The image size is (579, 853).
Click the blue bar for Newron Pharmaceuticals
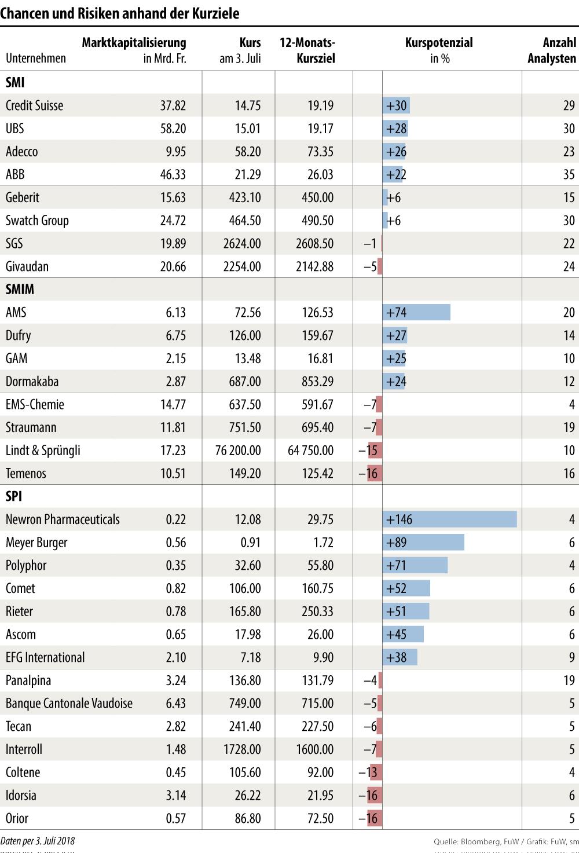click(x=449, y=519)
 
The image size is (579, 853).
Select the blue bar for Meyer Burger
click(x=423, y=543)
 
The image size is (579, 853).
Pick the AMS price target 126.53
click(x=317, y=313)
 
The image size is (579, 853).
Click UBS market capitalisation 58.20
click(x=173, y=129)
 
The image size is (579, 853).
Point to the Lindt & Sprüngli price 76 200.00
click(x=238, y=451)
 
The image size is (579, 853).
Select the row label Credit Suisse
click(x=35, y=105)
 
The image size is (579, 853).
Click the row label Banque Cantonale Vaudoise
click(x=69, y=704)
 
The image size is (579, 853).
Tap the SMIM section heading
click(x=20, y=290)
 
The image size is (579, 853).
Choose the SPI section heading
click(x=14, y=496)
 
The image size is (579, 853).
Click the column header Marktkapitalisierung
click(x=134, y=43)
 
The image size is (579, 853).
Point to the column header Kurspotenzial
click(x=439, y=43)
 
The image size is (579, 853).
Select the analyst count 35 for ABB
click(x=569, y=175)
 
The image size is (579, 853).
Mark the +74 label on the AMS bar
click(x=397, y=313)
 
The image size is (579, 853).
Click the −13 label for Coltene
click(x=368, y=773)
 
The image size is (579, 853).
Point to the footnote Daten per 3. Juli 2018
click(x=38, y=841)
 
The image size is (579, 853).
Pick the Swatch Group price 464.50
click(x=244, y=221)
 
